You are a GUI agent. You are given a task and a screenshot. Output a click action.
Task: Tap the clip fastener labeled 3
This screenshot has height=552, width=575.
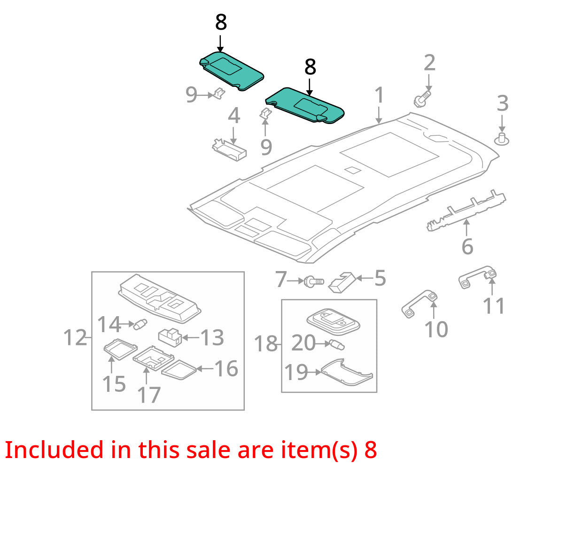[x=501, y=139]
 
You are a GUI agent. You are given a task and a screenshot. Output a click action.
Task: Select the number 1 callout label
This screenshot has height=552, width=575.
[x=379, y=95]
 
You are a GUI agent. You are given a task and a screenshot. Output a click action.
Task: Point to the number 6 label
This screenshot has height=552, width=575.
[x=467, y=247]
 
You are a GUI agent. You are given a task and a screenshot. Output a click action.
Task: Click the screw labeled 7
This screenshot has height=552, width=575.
[x=314, y=281]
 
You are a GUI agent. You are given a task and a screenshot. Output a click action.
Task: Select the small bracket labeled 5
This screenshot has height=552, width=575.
[x=342, y=282]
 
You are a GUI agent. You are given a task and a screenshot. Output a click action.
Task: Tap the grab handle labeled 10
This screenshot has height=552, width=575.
[x=420, y=304]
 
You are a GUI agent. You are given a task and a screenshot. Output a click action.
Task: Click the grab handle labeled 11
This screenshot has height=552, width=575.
[x=477, y=277]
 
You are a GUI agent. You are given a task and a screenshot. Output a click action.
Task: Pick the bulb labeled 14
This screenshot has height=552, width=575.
[x=140, y=324]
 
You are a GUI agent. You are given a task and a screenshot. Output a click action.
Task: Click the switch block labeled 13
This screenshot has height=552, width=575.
[x=170, y=337]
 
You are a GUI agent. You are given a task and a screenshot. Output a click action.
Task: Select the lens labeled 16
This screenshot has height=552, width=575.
[x=179, y=370]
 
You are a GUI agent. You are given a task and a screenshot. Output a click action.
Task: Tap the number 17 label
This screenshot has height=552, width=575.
[x=149, y=395]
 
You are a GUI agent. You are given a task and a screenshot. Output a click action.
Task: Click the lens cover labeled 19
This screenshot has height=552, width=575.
[x=347, y=373]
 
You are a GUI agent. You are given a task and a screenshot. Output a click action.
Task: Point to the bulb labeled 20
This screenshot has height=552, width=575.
[x=337, y=345]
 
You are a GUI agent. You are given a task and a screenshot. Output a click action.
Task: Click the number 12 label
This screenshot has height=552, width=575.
[x=75, y=337]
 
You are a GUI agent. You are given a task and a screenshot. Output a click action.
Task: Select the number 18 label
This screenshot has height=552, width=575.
[x=265, y=344]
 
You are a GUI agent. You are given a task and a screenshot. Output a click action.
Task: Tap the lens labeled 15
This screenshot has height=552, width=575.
[x=120, y=349]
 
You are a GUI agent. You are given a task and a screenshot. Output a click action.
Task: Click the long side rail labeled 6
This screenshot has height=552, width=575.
[x=466, y=210]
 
